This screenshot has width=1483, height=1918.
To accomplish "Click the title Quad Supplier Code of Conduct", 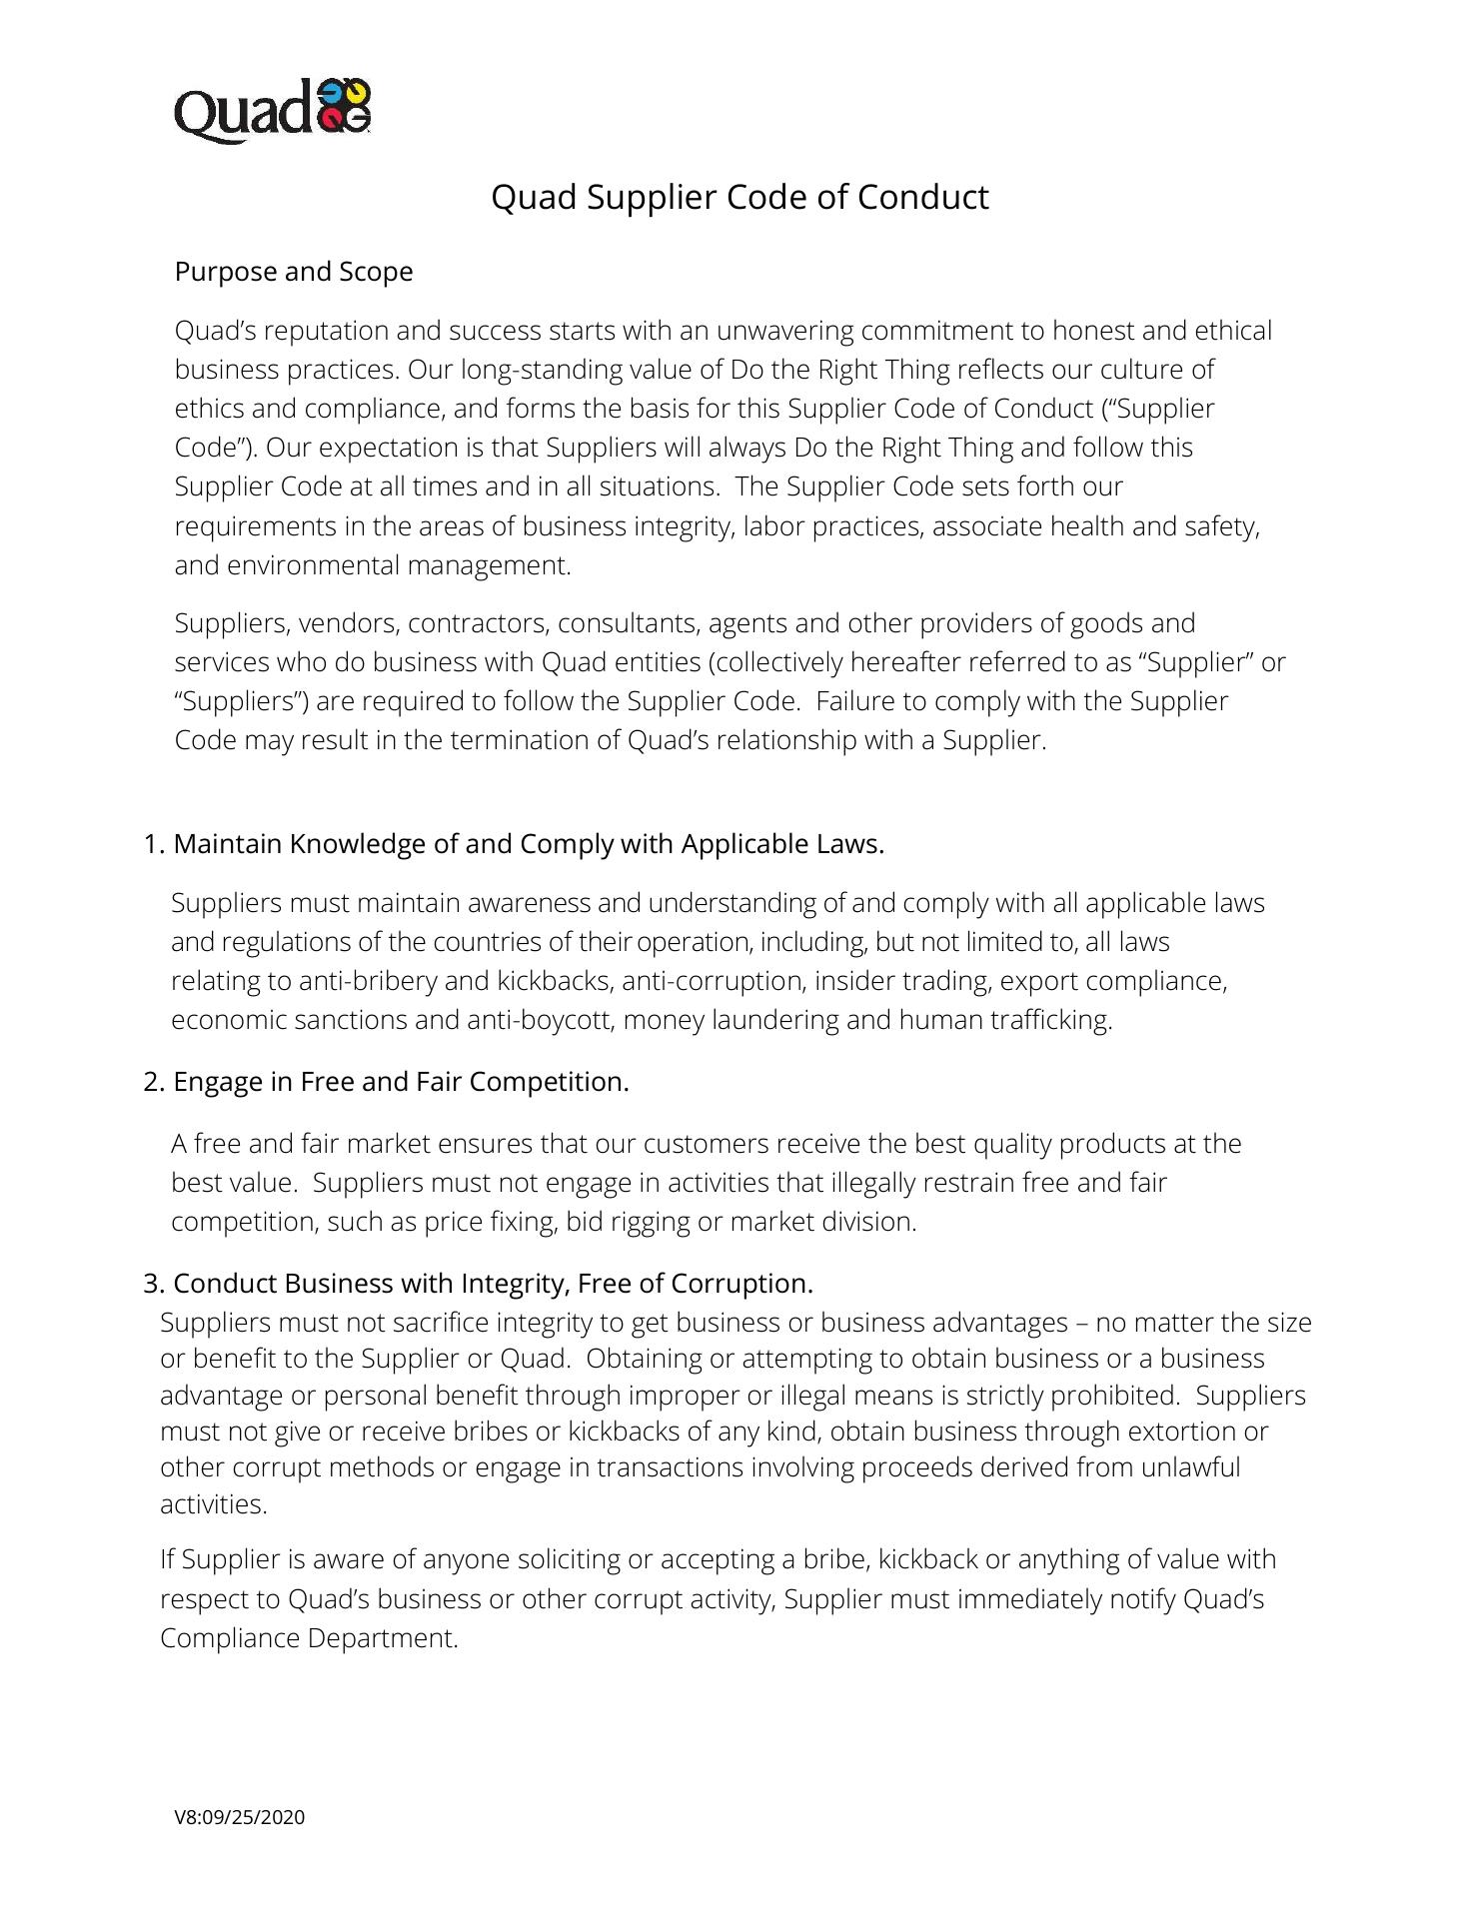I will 740,197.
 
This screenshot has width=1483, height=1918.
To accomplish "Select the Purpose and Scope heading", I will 294,272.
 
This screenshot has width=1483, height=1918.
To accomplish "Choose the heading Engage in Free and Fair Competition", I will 400,1082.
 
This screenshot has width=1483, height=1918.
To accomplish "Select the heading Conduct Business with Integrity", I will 493,1283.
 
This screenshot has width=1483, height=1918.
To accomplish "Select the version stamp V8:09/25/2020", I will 240,1817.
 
